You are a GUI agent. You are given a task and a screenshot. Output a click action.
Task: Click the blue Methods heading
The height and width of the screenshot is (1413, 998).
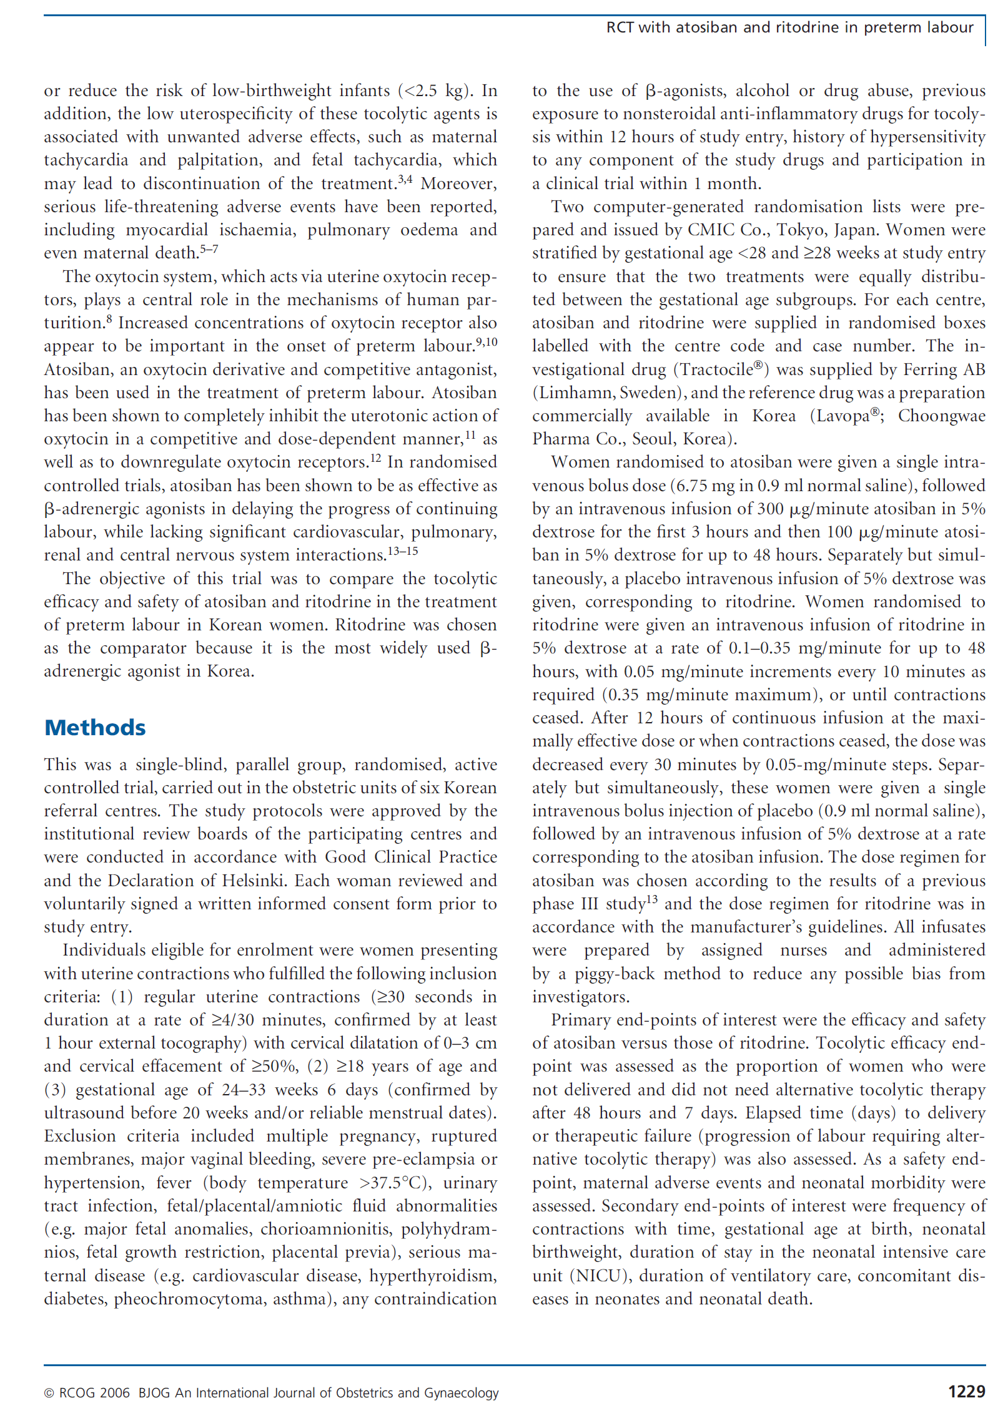pos(95,728)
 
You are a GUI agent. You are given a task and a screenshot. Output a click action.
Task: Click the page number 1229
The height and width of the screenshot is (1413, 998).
pos(966,1391)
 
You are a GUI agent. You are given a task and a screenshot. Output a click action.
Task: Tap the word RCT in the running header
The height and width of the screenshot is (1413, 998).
pos(620,27)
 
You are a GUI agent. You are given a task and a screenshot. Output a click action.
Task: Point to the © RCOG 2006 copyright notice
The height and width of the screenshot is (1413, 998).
pos(87,1392)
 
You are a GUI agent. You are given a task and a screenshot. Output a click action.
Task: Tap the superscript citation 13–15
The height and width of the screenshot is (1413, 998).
pos(403,551)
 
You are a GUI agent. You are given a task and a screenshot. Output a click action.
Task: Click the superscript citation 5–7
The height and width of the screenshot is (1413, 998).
pos(209,249)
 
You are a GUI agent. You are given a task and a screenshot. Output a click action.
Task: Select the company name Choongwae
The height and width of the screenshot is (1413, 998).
pos(941,416)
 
